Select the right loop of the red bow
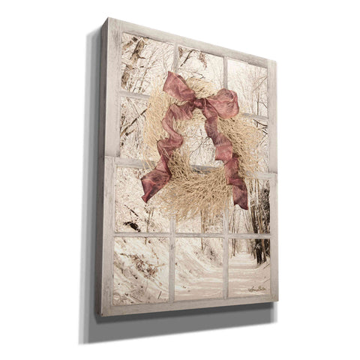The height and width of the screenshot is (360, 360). point(223,103)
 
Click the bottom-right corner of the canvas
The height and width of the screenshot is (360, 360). point(277,302)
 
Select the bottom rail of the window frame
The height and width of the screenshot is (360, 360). point(191,305)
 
